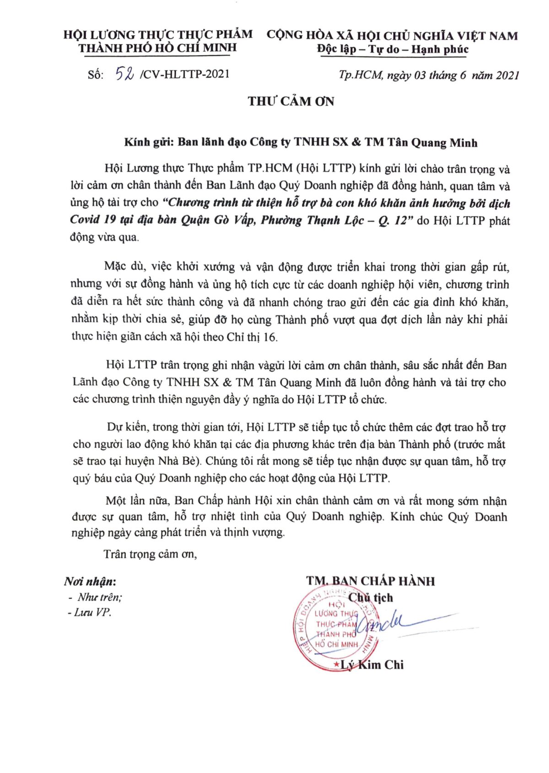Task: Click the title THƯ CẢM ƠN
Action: tap(291, 101)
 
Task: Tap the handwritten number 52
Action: tap(124, 74)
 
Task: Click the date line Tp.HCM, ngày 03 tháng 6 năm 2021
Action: tap(429, 75)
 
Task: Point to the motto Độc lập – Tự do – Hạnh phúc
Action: tap(393, 49)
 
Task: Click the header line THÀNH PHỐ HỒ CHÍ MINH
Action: tap(157, 48)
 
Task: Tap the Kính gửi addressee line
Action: tap(301, 142)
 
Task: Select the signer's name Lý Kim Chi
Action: tap(372, 665)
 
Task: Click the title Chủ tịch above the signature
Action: tap(371, 597)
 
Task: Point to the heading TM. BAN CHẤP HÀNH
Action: tap(371, 581)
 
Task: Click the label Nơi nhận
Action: tap(90, 582)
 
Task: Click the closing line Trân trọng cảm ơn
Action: tap(150, 554)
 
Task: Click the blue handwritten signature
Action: tap(389, 622)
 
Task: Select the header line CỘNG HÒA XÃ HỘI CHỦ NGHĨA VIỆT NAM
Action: tap(392, 36)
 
